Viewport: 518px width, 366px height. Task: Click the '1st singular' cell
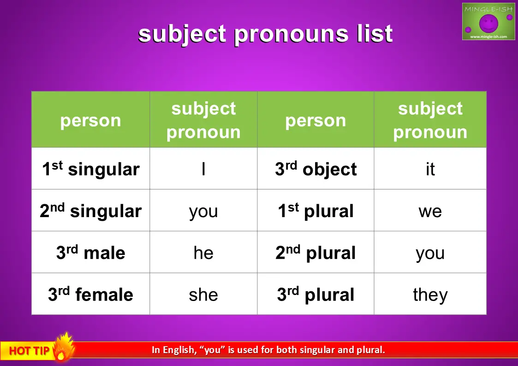coord(90,169)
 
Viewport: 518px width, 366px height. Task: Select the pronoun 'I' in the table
coord(203,169)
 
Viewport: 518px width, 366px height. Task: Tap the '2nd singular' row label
coord(90,211)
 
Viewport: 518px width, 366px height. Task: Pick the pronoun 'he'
coord(203,253)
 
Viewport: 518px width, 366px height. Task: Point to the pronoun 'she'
coord(203,295)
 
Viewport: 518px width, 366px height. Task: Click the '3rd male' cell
coord(90,253)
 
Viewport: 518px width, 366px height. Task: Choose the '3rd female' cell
coord(90,294)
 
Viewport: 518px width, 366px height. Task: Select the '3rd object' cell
coord(316,169)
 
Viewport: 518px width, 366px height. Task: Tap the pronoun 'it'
coord(430,169)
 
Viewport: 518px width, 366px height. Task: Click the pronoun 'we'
coord(430,211)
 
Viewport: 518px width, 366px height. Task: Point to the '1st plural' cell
coord(316,211)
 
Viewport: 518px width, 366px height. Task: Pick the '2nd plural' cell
coord(316,253)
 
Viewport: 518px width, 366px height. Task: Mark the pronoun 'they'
coord(430,295)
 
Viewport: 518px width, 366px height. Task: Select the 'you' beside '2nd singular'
coord(203,212)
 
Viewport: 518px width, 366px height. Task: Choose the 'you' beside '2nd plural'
coord(430,254)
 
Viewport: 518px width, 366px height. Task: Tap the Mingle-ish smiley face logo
coord(488,23)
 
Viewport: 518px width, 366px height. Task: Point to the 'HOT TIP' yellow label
coord(29,350)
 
